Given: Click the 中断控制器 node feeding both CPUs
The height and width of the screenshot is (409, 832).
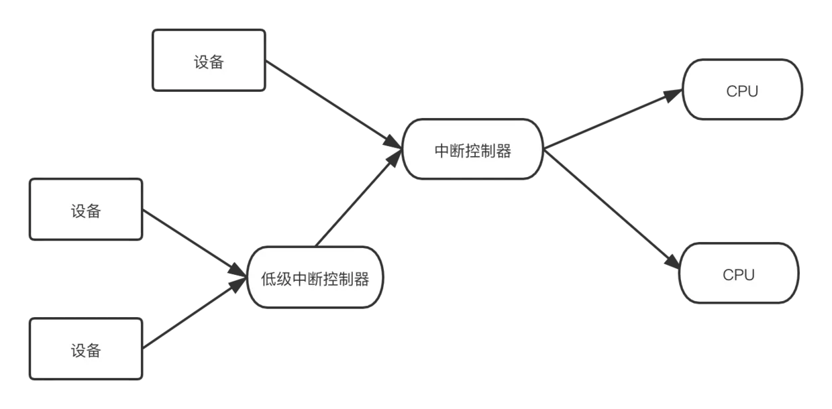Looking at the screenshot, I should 472,150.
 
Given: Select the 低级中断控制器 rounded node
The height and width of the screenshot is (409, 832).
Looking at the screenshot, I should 315,278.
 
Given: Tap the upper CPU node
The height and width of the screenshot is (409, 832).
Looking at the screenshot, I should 742,91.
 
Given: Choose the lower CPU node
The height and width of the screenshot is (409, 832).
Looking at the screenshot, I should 739,274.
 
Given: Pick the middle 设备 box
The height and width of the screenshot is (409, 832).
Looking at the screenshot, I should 86,210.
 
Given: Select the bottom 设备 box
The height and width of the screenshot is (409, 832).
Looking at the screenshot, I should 86,349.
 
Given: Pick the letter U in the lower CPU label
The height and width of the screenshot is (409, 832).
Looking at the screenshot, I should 749,275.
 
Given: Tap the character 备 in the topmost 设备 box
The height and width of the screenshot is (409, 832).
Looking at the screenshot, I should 216,62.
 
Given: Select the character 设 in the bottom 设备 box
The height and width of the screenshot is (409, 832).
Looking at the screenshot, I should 79,350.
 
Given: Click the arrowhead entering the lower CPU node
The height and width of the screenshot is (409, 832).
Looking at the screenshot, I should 674,264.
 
